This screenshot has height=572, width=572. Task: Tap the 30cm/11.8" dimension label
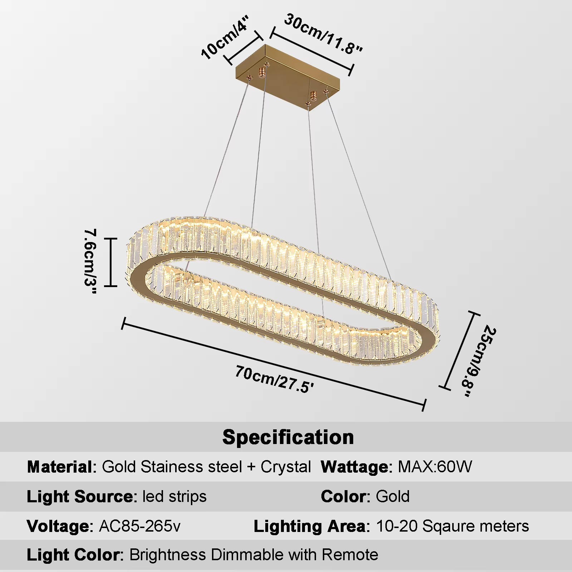coord(324,34)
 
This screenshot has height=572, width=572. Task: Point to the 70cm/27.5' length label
coord(275,379)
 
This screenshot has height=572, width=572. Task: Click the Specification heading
coord(288,437)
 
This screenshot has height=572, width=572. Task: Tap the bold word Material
coord(60,467)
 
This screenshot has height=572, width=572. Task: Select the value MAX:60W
coord(435,467)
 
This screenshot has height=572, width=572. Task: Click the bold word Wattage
coord(354,467)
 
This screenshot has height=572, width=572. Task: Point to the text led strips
coord(174,497)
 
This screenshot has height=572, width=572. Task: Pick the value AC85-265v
coord(140,526)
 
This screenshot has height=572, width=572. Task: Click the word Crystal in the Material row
coord(286,467)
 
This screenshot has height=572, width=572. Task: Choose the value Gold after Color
coord(393,497)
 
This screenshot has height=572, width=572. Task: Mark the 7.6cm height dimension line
coord(111,262)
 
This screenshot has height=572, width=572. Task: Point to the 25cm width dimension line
coord(460,350)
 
